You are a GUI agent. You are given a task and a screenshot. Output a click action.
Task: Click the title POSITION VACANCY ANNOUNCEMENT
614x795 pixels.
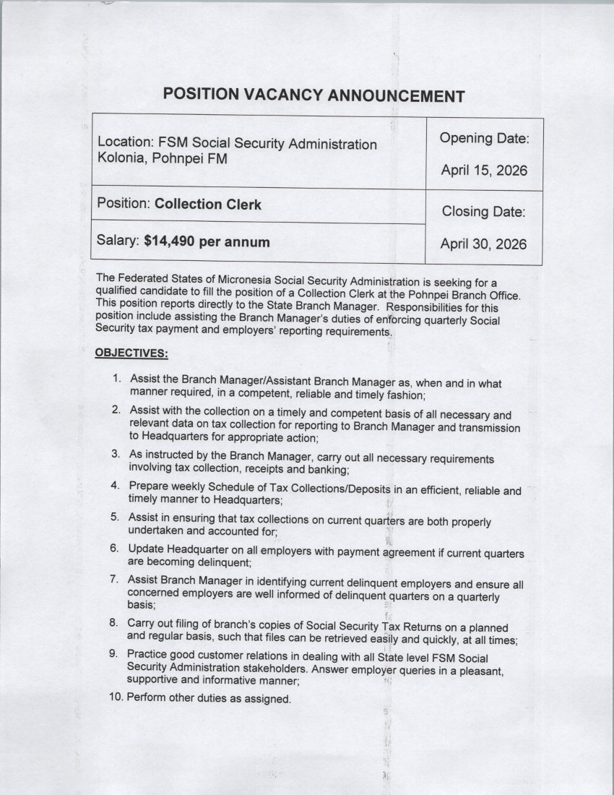[x=313, y=95]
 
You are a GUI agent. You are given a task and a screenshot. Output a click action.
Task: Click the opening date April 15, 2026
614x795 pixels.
[x=484, y=171]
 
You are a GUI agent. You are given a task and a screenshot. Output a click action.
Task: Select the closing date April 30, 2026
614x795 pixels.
[x=484, y=244]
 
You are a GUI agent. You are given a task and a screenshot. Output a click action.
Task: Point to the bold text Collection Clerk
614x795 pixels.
[x=208, y=204]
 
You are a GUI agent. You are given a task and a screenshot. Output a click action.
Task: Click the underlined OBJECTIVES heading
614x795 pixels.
[x=131, y=353]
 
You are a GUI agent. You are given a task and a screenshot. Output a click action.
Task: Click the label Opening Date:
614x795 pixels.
[x=485, y=138]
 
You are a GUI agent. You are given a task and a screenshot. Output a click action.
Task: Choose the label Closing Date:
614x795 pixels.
[x=483, y=212]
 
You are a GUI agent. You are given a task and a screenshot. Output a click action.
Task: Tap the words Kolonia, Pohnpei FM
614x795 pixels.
[x=163, y=158]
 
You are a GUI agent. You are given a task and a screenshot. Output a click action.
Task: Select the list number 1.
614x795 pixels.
[x=116, y=379]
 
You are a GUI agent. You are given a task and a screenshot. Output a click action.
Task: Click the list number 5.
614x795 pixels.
[x=115, y=517]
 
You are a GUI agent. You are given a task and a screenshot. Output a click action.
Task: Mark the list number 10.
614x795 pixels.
[x=116, y=698]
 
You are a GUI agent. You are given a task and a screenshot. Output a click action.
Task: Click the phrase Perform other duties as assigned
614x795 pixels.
[x=209, y=699]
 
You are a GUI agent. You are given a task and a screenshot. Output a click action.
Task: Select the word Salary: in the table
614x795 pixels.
[x=118, y=242]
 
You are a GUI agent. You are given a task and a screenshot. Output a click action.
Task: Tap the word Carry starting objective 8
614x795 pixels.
[x=142, y=622]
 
